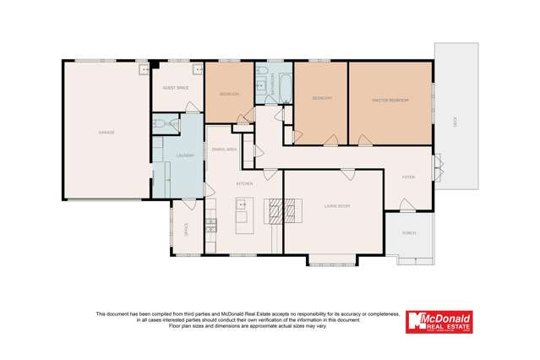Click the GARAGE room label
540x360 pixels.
point(106,133)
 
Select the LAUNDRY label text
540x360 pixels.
point(185,155)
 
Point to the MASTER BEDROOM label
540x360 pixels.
point(390,101)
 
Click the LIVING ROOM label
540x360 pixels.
point(336,205)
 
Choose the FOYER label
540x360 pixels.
point(408,177)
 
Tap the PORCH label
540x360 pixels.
point(409,232)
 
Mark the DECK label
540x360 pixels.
point(455,122)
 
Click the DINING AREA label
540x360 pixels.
point(224,149)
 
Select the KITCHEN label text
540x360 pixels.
point(244,183)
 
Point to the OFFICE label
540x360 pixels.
point(187,230)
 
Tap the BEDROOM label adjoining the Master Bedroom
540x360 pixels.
point(321,99)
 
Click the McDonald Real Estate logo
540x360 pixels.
point(439,321)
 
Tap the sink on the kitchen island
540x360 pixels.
point(241,204)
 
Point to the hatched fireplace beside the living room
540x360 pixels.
point(282,209)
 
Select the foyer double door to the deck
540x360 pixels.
point(437,166)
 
